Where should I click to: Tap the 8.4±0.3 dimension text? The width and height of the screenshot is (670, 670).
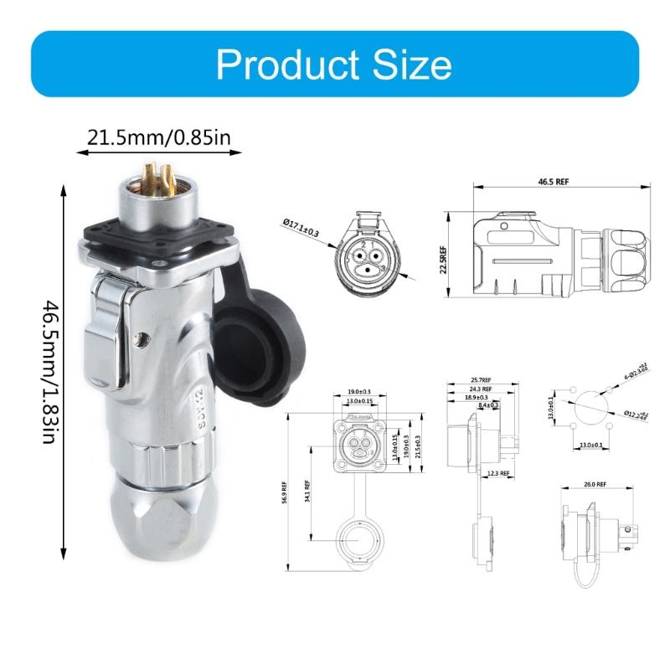(x=488, y=405)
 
